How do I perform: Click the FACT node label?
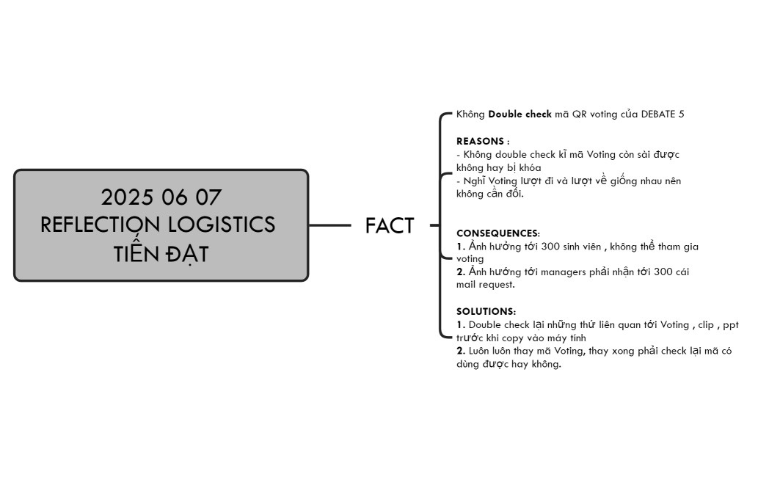(390, 226)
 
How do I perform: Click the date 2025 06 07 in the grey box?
(161, 197)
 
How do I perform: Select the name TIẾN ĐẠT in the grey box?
(161, 253)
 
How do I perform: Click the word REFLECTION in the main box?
(100, 225)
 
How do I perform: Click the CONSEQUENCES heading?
(498, 233)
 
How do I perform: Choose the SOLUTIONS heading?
(485, 311)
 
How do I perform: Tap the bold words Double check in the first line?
(520, 114)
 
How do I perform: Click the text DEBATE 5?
(662, 114)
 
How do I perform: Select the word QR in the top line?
(579, 114)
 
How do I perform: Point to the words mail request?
(485, 285)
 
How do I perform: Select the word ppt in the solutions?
(730, 324)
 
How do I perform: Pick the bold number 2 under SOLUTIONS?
(460, 351)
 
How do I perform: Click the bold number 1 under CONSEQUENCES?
(460, 246)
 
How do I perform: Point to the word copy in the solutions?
(515, 338)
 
